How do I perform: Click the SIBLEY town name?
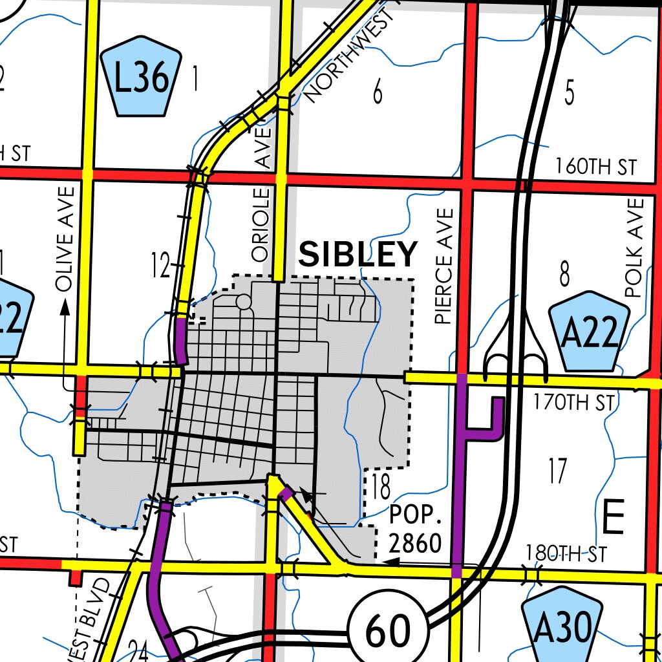[x=358, y=254]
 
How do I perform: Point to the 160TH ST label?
[x=595, y=167]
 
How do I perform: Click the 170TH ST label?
[x=574, y=403]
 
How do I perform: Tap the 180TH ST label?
[x=566, y=553]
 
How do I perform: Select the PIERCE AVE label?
[x=444, y=266]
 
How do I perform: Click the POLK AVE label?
[x=635, y=248]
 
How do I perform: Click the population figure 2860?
[x=415, y=543]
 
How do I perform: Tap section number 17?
[x=557, y=471]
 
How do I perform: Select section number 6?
[x=378, y=93]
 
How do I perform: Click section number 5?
[x=569, y=93]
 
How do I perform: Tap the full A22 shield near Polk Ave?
[x=588, y=332]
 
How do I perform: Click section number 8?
[x=565, y=275]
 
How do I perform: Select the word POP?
[x=416, y=517]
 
